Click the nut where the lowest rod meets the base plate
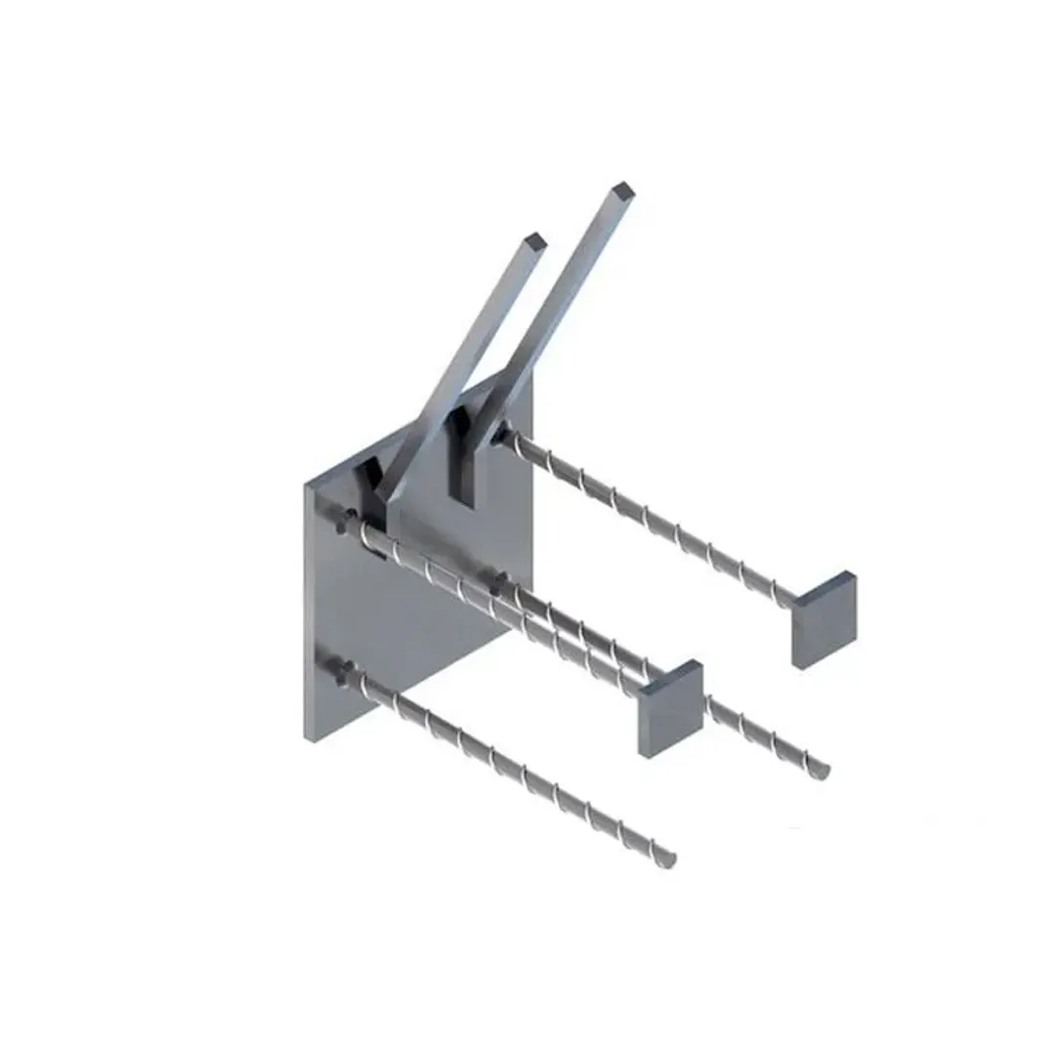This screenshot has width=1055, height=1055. tap(344, 672)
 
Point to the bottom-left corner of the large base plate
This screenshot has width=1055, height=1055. tap(310, 738)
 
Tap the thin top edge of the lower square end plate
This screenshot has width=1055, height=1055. tap(669, 671)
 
